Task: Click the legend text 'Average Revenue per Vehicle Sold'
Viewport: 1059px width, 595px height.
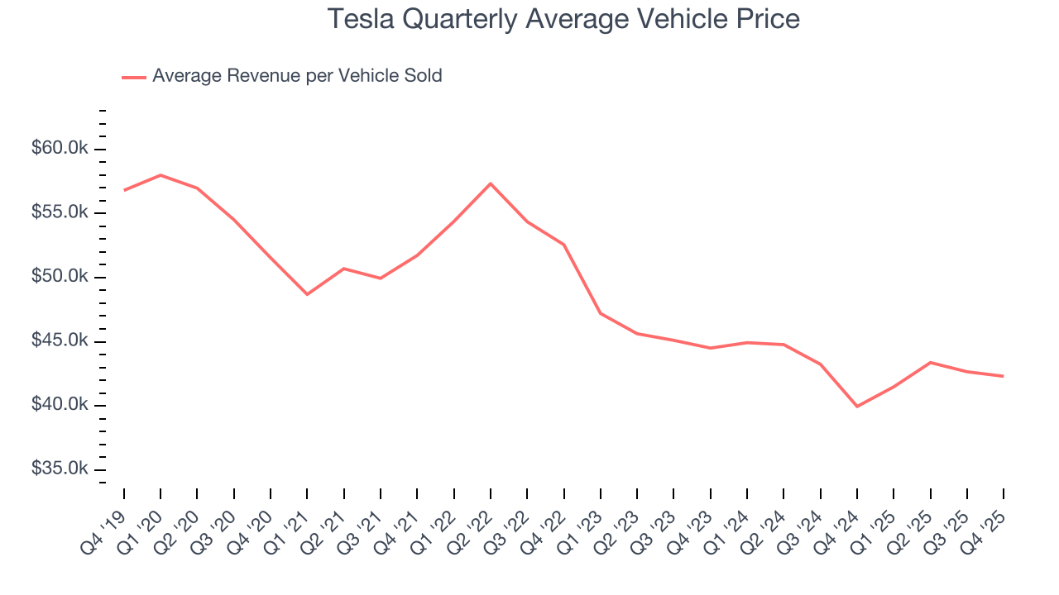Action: point(297,76)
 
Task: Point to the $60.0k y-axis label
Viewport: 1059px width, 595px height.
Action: point(59,149)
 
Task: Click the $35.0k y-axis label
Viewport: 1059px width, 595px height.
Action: point(59,469)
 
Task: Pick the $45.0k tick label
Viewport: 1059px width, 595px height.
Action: point(59,340)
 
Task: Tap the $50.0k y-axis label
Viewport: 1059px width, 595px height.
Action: point(59,277)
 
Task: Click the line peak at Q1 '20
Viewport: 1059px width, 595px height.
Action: point(161,175)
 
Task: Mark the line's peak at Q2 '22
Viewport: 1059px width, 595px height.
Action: point(491,183)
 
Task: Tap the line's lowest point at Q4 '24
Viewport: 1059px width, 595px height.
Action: point(857,407)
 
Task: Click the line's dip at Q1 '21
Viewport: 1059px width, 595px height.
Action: point(307,294)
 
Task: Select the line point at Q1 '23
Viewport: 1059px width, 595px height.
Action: point(601,313)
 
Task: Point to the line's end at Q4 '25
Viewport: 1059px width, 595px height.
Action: point(1004,376)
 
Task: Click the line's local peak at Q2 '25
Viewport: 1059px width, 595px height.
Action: point(930,362)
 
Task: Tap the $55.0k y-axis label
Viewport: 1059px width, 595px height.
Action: point(59,212)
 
